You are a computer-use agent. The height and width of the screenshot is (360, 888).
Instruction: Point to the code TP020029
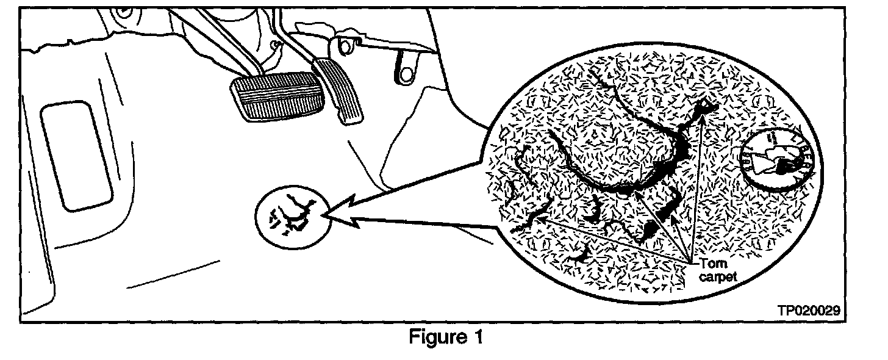point(809,311)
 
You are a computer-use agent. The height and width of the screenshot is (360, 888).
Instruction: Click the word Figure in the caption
point(434,337)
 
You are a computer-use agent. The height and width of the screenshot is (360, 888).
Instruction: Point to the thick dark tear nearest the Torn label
point(649,231)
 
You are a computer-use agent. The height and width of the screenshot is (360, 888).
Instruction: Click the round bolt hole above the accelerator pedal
point(345,46)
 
